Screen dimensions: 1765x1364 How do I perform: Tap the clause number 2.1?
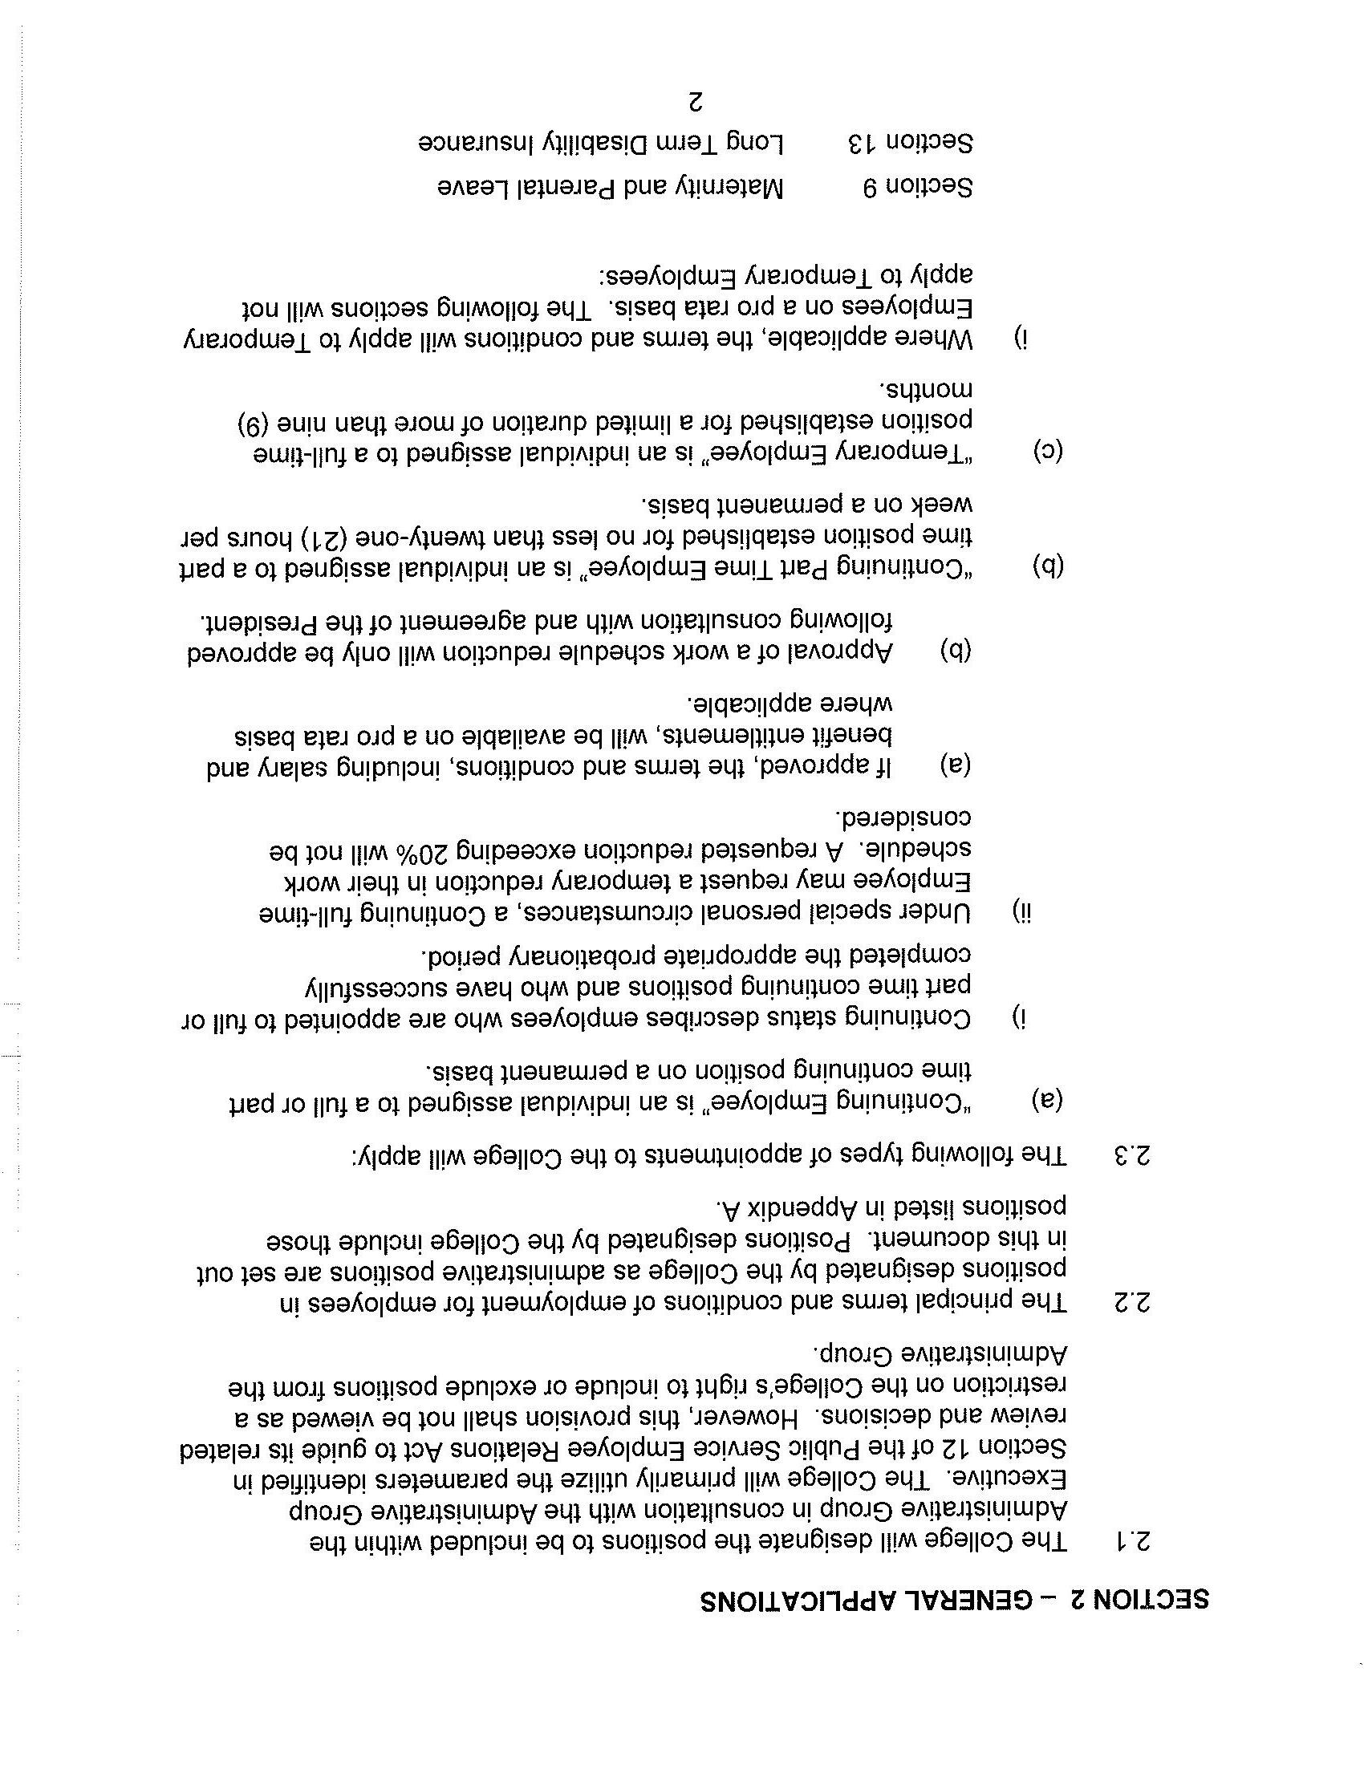tap(1131, 1543)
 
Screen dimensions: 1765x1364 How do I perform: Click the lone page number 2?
tap(695, 103)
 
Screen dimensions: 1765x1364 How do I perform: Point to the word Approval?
tap(840, 651)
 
